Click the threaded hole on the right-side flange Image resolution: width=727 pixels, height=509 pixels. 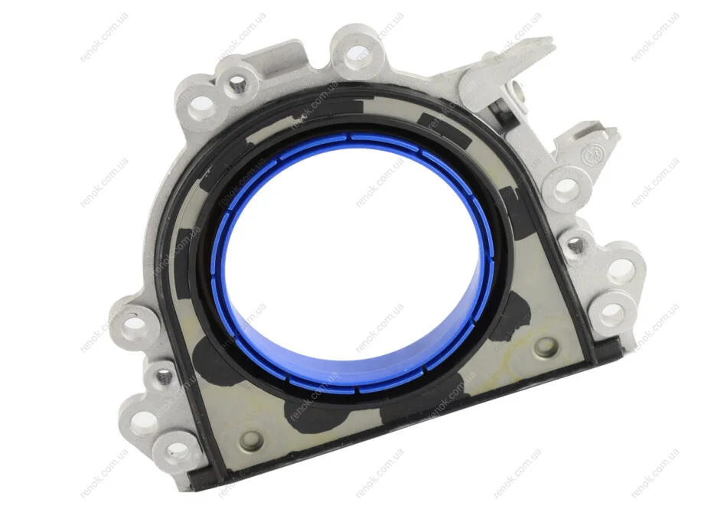pyautogui.click(x=574, y=242)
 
